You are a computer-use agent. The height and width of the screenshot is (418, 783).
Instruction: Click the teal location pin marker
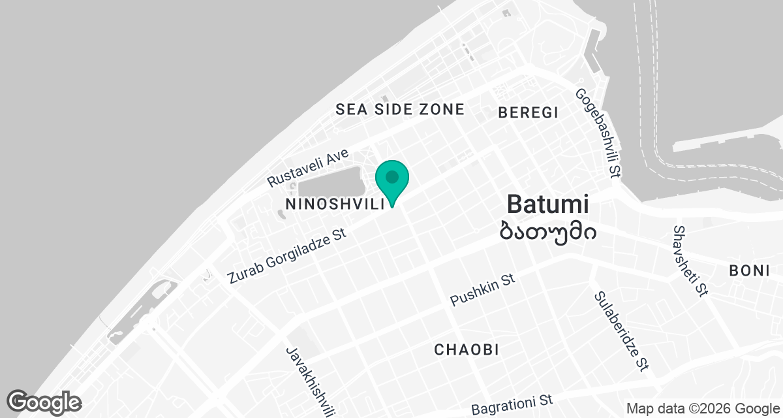(x=392, y=182)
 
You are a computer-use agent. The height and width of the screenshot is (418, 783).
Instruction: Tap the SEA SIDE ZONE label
(x=400, y=109)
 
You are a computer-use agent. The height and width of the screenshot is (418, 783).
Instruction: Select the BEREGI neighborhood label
(x=528, y=112)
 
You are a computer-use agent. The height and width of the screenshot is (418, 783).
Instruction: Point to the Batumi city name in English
(x=547, y=204)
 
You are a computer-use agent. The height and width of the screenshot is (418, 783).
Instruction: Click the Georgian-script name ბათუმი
(x=547, y=229)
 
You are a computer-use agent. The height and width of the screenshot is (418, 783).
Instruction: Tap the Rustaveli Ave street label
(x=309, y=168)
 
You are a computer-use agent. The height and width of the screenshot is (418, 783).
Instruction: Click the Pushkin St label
(x=483, y=290)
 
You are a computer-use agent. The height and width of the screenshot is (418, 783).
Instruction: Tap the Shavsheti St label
(x=690, y=261)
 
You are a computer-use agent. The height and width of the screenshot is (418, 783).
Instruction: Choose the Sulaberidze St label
(x=621, y=331)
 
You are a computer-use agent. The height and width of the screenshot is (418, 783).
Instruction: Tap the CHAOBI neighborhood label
(x=467, y=350)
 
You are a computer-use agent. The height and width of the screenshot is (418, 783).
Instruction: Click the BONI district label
(x=750, y=270)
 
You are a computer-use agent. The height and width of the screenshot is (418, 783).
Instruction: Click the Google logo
(x=44, y=402)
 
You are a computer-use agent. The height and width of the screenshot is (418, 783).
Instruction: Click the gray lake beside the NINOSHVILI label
(x=330, y=180)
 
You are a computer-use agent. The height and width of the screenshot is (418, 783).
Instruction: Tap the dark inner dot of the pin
(x=392, y=177)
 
